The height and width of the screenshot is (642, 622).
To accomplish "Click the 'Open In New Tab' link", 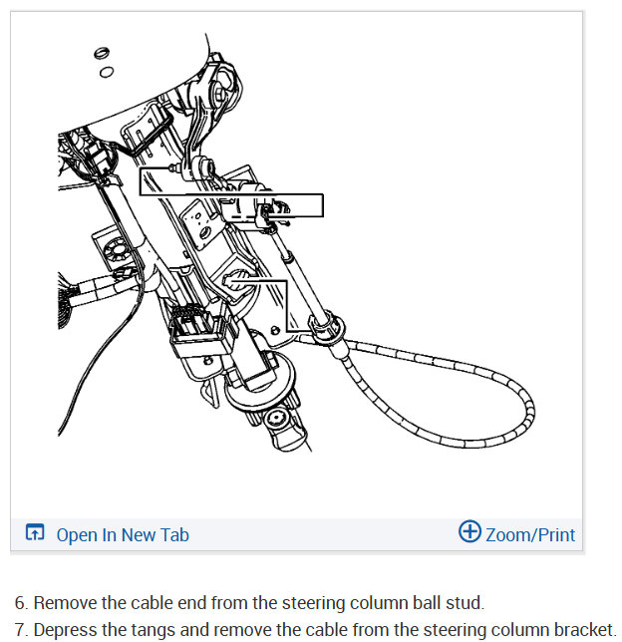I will (x=122, y=534).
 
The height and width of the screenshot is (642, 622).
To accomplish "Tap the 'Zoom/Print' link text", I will (x=529, y=534).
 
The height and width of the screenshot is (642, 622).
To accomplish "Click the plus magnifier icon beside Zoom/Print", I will (x=469, y=532).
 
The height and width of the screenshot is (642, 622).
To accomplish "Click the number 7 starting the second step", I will (x=20, y=630).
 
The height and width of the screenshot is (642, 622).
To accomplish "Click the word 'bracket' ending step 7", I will (x=582, y=630).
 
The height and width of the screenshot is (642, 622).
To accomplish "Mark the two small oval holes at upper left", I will (x=102, y=61).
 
